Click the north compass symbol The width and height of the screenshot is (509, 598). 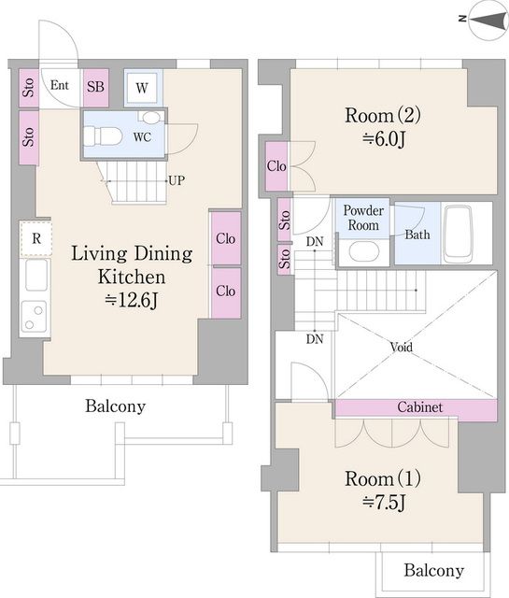(489, 20)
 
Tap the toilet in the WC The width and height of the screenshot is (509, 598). (102, 136)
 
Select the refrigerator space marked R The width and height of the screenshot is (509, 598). (35, 239)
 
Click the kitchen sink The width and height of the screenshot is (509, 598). (36, 275)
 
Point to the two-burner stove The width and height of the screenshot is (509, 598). (34, 317)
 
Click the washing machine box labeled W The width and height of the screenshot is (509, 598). (142, 88)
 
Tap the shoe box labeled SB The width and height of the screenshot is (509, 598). (95, 87)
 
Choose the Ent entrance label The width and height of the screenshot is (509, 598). (60, 85)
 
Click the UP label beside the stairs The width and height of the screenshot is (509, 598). (177, 180)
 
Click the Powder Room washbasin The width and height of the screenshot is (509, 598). (363, 252)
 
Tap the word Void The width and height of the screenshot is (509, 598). (401, 347)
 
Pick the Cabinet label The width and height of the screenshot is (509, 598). (420, 407)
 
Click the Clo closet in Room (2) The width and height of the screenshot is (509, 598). (276, 166)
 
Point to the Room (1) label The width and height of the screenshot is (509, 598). (383, 478)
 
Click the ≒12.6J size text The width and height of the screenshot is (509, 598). (131, 301)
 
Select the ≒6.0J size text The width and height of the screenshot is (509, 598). (383, 139)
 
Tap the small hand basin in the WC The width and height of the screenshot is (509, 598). (151, 117)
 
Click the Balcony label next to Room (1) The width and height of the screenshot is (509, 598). (434, 571)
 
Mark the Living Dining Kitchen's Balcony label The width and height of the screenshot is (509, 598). (115, 406)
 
